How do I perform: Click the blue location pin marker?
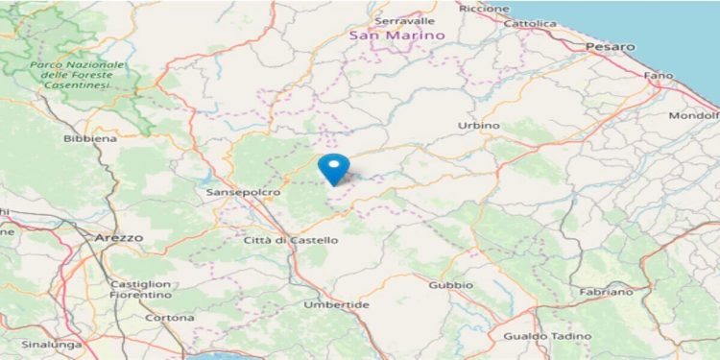[334, 167]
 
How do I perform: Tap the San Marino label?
[396, 36]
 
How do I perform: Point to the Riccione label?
[485, 8]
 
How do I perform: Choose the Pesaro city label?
[611, 46]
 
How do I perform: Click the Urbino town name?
[480, 126]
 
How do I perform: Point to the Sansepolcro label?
[243, 193]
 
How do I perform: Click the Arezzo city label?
[118, 236]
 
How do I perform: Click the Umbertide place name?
[336, 304]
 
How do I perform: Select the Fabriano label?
[607, 291]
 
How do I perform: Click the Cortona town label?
[170, 318]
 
